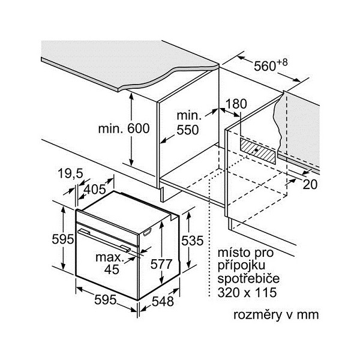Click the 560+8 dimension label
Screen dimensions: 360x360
click(271, 65)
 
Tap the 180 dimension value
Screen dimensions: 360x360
click(236, 104)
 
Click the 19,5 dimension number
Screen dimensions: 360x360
click(71, 174)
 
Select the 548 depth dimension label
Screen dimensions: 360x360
click(162, 302)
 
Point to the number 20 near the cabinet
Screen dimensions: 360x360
click(310, 184)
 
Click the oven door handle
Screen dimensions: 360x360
click(106, 238)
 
